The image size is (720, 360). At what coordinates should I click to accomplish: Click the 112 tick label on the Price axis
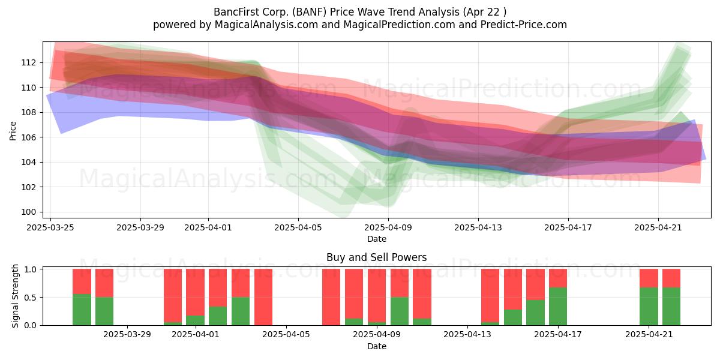28,62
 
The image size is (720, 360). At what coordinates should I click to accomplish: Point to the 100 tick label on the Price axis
28,212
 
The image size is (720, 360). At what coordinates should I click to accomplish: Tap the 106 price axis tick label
28,137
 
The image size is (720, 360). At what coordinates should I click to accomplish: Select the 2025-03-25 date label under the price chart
50,227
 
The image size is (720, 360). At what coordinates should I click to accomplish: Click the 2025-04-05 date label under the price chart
298,227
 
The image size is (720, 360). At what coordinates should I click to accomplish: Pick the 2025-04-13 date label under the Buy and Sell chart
467,334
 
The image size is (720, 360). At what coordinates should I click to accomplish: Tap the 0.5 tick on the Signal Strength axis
31,298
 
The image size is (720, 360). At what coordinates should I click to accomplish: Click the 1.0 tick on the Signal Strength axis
31,269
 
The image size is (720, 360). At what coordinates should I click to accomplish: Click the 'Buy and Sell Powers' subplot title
377,257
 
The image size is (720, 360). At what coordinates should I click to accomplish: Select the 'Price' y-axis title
13,131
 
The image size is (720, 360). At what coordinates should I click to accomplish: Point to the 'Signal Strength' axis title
15,296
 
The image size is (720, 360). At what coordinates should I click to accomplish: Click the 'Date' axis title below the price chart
377,239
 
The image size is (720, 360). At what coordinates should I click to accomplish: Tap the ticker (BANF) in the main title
310,12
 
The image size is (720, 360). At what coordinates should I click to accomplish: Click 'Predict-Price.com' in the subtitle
524,25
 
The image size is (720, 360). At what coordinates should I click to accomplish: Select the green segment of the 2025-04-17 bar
558,307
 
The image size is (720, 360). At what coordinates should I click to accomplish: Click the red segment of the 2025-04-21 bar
649,278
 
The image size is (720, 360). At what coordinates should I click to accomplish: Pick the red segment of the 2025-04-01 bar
195,292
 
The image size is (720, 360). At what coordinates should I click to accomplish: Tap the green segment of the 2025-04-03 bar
241,311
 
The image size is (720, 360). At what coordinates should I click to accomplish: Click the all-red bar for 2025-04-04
263,297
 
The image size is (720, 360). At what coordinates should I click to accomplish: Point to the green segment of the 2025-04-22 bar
671,307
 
